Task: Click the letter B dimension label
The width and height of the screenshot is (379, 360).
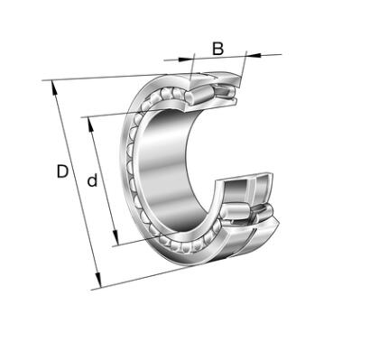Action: [217, 49]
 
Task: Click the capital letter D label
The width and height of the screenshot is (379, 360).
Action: [62, 171]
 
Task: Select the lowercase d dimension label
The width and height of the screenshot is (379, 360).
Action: [92, 180]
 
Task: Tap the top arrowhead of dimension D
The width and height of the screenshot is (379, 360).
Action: [54, 88]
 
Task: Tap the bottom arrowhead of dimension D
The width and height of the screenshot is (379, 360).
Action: [98, 281]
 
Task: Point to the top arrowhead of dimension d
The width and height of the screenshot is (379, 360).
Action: [90, 125]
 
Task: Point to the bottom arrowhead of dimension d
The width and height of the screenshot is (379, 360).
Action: [116, 238]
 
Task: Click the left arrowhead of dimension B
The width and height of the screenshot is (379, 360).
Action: [185, 59]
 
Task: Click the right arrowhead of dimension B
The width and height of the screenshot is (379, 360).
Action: [253, 55]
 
